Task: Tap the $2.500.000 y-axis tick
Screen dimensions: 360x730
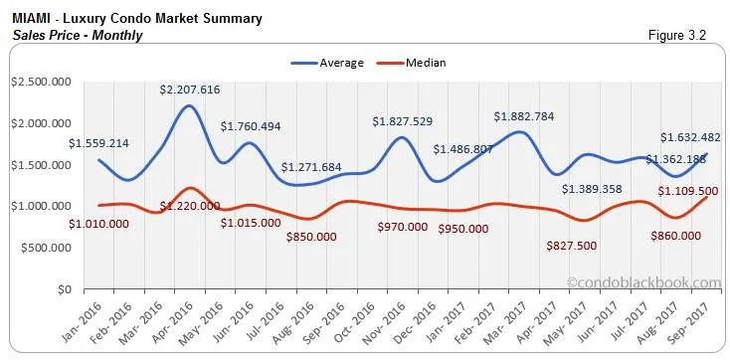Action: coord(41,82)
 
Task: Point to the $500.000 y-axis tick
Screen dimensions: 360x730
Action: coord(46,248)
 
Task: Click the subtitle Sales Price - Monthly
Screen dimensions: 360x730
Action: coord(76,36)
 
